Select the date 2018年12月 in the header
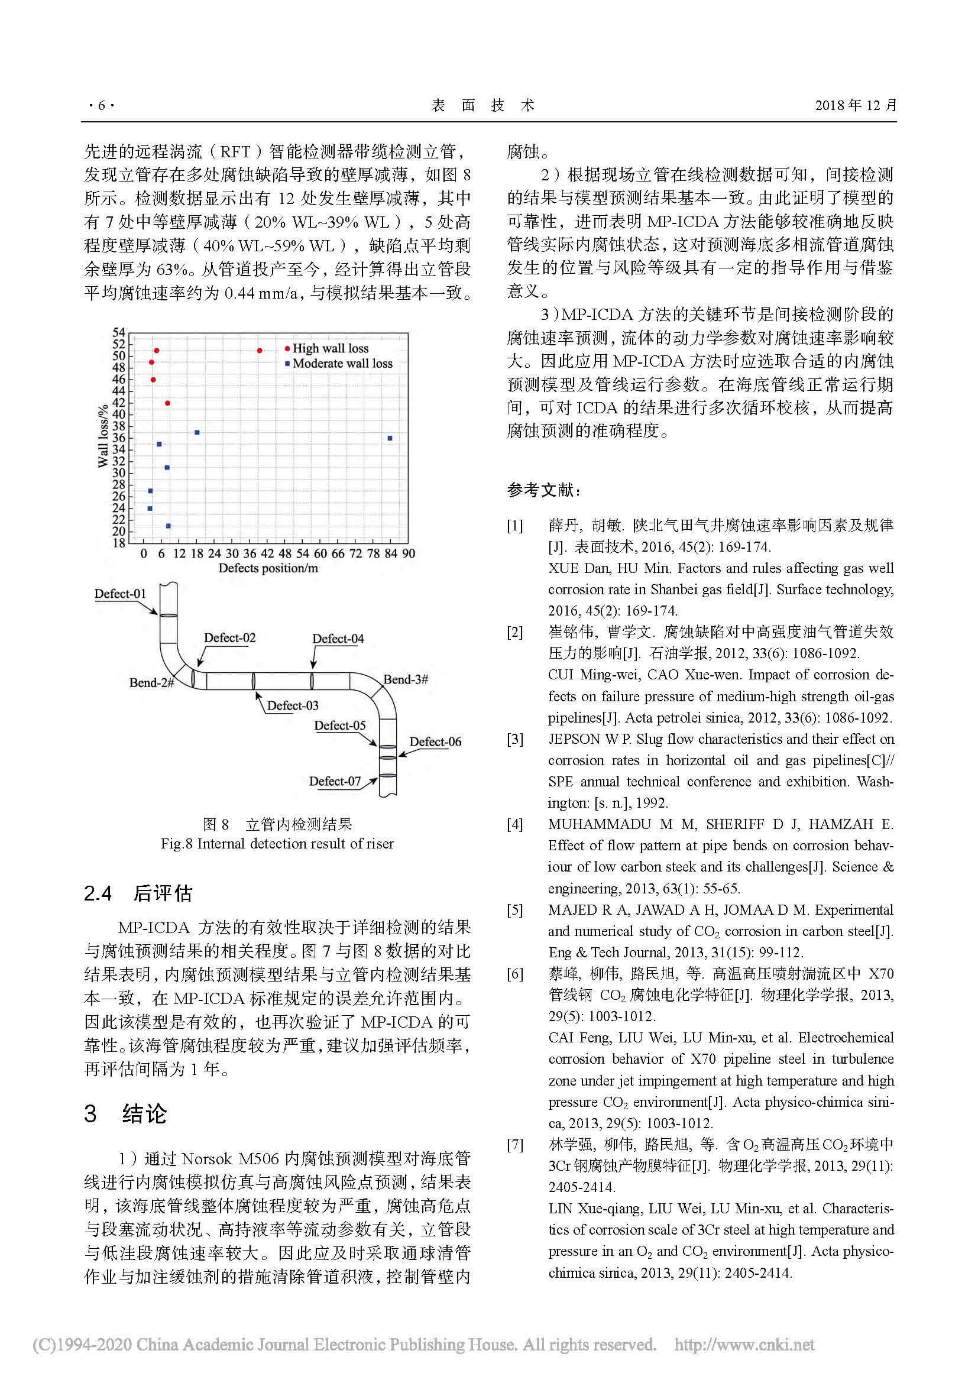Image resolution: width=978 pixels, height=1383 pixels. pos(856,105)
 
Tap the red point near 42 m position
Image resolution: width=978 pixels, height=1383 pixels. pos(260,351)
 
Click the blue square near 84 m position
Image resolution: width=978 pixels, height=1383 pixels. pos(390,439)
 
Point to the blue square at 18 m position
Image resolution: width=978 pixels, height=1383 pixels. pos(197,432)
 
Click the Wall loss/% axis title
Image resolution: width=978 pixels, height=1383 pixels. pos(103,435)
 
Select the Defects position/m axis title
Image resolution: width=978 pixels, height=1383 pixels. pos(268,568)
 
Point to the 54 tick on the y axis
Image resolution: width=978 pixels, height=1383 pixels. pos(119,332)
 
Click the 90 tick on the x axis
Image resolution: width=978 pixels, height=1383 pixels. pos(409,553)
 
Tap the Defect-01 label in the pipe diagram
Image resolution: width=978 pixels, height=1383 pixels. pos(120,594)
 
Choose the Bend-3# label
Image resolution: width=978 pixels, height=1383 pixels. pos(405,679)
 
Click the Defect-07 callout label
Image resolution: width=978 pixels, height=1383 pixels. pos(335,781)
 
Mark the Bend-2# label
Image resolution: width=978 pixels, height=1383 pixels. pos(151,683)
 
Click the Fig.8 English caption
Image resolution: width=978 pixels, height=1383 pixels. pos(277,843)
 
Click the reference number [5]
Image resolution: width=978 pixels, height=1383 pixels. pos(515,909)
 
